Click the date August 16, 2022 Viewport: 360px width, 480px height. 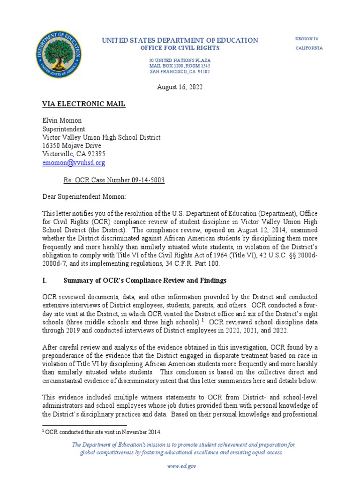(180, 87)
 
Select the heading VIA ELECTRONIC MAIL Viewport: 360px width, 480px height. (84, 104)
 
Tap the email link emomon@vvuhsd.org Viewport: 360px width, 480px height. (74, 163)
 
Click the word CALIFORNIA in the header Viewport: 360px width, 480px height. (308, 48)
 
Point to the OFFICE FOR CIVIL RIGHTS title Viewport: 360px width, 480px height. (180, 48)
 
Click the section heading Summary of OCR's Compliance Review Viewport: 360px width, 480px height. (145, 280)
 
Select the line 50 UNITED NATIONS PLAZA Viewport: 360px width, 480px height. (180, 61)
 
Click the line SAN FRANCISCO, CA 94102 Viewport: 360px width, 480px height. (180, 72)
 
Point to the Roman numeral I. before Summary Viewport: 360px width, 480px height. (45, 280)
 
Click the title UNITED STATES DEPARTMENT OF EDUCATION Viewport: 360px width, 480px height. (180, 40)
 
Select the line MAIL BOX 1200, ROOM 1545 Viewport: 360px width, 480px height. (180, 67)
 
